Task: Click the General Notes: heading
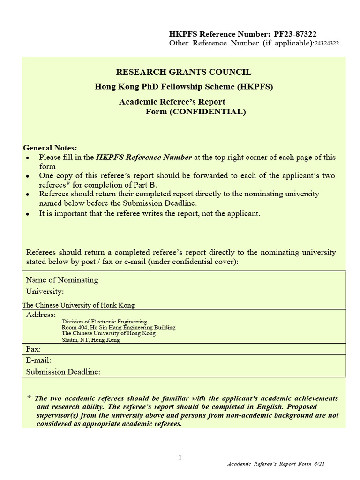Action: (x=50, y=148)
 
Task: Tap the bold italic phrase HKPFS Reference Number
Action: (x=144, y=157)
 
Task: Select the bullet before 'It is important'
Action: (x=29, y=214)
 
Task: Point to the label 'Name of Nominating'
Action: (x=62, y=280)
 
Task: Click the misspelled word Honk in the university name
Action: (x=107, y=305)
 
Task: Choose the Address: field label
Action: (x=41, y=315)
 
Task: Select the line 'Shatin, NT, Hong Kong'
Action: (x=90, y=340)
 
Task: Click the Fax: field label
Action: (x=33, y=349)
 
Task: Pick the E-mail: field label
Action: (x=38, y=360)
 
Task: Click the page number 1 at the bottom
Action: (x=180, y=458)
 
